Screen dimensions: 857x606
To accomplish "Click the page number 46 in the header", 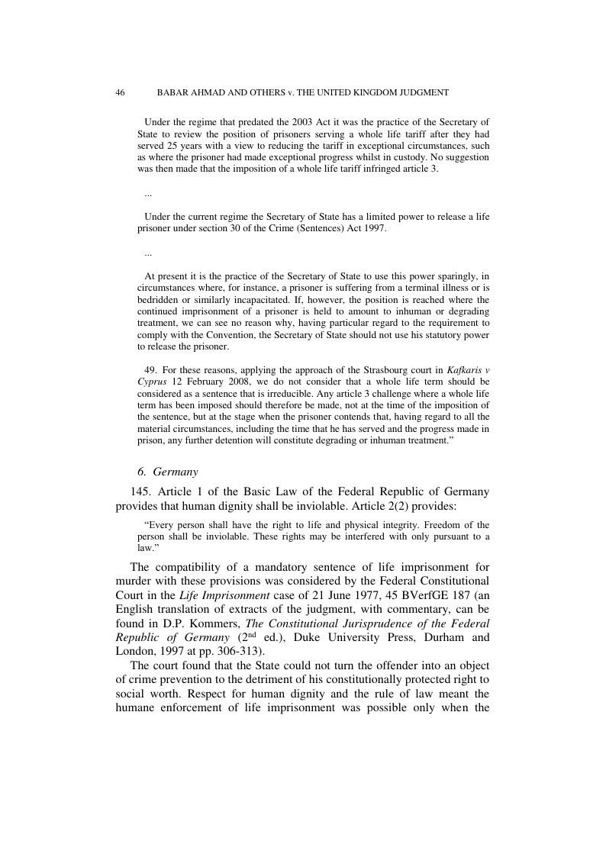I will point(120,92).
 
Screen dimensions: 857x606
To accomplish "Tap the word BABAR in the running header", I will point(172,92).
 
